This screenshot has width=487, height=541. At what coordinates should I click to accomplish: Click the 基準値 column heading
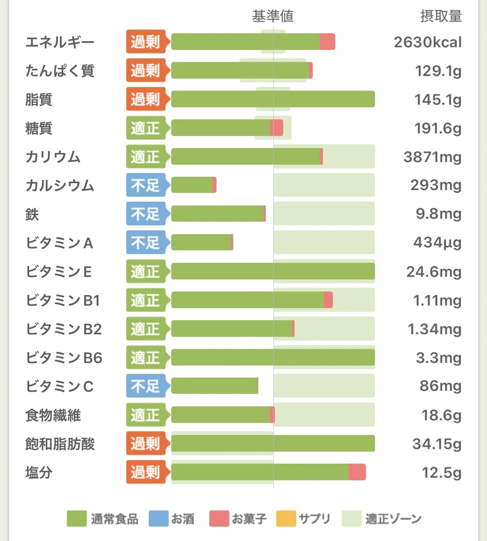[273, 16]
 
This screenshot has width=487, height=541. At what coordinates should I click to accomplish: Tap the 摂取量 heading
[441, 16]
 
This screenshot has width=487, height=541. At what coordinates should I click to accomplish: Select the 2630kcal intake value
[427, 42]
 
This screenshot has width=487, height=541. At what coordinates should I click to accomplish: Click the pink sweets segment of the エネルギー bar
[327, 42]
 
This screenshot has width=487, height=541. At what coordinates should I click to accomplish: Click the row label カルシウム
[60, 185]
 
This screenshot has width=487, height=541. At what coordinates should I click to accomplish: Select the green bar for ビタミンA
[201, 242]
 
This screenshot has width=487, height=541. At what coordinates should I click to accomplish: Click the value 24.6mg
[434, 272]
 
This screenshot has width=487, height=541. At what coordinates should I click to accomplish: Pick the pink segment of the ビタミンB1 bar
[328, 300]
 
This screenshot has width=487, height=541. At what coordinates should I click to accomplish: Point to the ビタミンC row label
[60, 386]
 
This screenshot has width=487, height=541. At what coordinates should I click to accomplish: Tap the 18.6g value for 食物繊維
[442, 415]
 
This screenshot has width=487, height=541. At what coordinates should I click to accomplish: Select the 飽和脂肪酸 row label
[60, 444]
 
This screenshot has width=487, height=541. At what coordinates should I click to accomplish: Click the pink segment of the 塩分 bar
[357, 472]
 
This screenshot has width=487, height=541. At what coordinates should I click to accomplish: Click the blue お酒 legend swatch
[159, 519]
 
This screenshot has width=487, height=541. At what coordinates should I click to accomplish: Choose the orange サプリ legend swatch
[286, 519]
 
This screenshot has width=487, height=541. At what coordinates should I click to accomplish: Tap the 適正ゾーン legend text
[393, 519]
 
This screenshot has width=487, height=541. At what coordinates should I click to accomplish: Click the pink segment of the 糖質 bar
[277, 128]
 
